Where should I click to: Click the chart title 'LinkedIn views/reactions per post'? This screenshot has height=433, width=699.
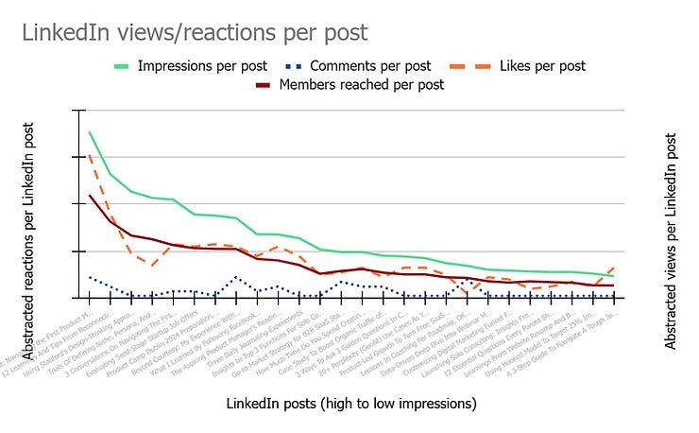(195, 33)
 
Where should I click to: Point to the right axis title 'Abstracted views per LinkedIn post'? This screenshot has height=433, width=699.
(672, 240)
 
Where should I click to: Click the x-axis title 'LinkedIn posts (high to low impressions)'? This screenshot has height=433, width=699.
(351, 404)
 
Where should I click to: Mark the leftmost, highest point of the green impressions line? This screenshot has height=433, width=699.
(90, 132)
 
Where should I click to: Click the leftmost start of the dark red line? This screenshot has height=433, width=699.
(90, 196)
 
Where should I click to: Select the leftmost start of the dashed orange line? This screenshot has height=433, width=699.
(90, 155)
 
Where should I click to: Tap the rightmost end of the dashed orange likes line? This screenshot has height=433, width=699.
(614, 268)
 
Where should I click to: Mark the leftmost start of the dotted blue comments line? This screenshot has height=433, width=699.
(90, 277)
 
